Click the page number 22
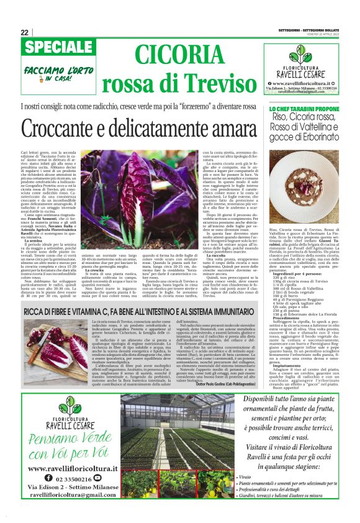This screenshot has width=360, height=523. pyautogui.click(x=24, y=32)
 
